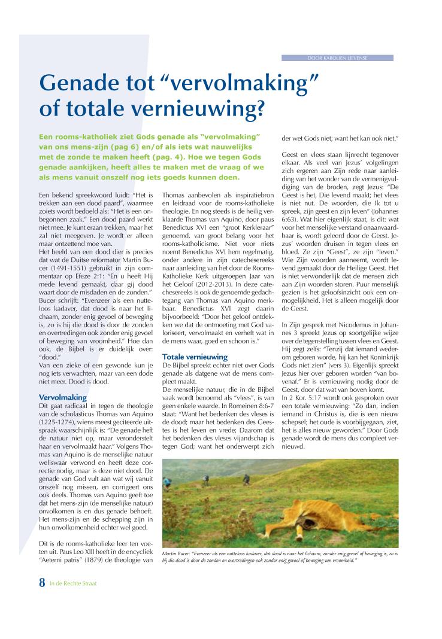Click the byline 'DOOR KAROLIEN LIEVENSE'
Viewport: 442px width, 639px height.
pyautogui.click(x=337, y=58)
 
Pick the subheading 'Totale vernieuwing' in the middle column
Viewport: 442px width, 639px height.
pyautogui.click(x=195, y=357)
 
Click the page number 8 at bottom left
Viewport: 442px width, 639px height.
pyautogui.click(x=42, y=583)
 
